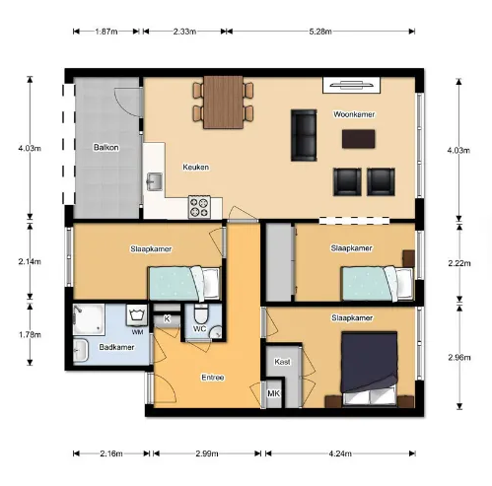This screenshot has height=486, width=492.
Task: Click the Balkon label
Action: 105,147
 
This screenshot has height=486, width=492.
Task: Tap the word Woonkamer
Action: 354,114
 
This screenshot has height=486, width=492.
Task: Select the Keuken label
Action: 196,167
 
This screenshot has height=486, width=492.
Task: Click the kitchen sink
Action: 154,181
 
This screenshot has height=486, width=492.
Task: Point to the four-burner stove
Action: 199,207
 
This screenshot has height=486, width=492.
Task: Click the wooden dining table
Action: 223,103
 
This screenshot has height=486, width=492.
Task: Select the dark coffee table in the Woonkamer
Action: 358,139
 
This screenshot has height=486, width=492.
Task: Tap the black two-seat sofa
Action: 304,135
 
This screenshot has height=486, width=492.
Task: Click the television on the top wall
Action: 352,85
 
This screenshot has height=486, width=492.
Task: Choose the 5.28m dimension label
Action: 320,32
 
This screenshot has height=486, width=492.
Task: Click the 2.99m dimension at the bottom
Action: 207,453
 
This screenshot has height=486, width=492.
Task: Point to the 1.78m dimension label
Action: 30,335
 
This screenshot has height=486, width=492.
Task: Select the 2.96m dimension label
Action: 459,357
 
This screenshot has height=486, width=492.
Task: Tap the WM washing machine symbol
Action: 137,315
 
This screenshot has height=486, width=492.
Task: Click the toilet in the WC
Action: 200,313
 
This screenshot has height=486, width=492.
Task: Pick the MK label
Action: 273,393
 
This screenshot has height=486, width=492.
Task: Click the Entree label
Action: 213,378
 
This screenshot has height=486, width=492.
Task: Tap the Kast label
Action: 282,362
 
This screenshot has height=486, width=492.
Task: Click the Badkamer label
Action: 116,347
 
